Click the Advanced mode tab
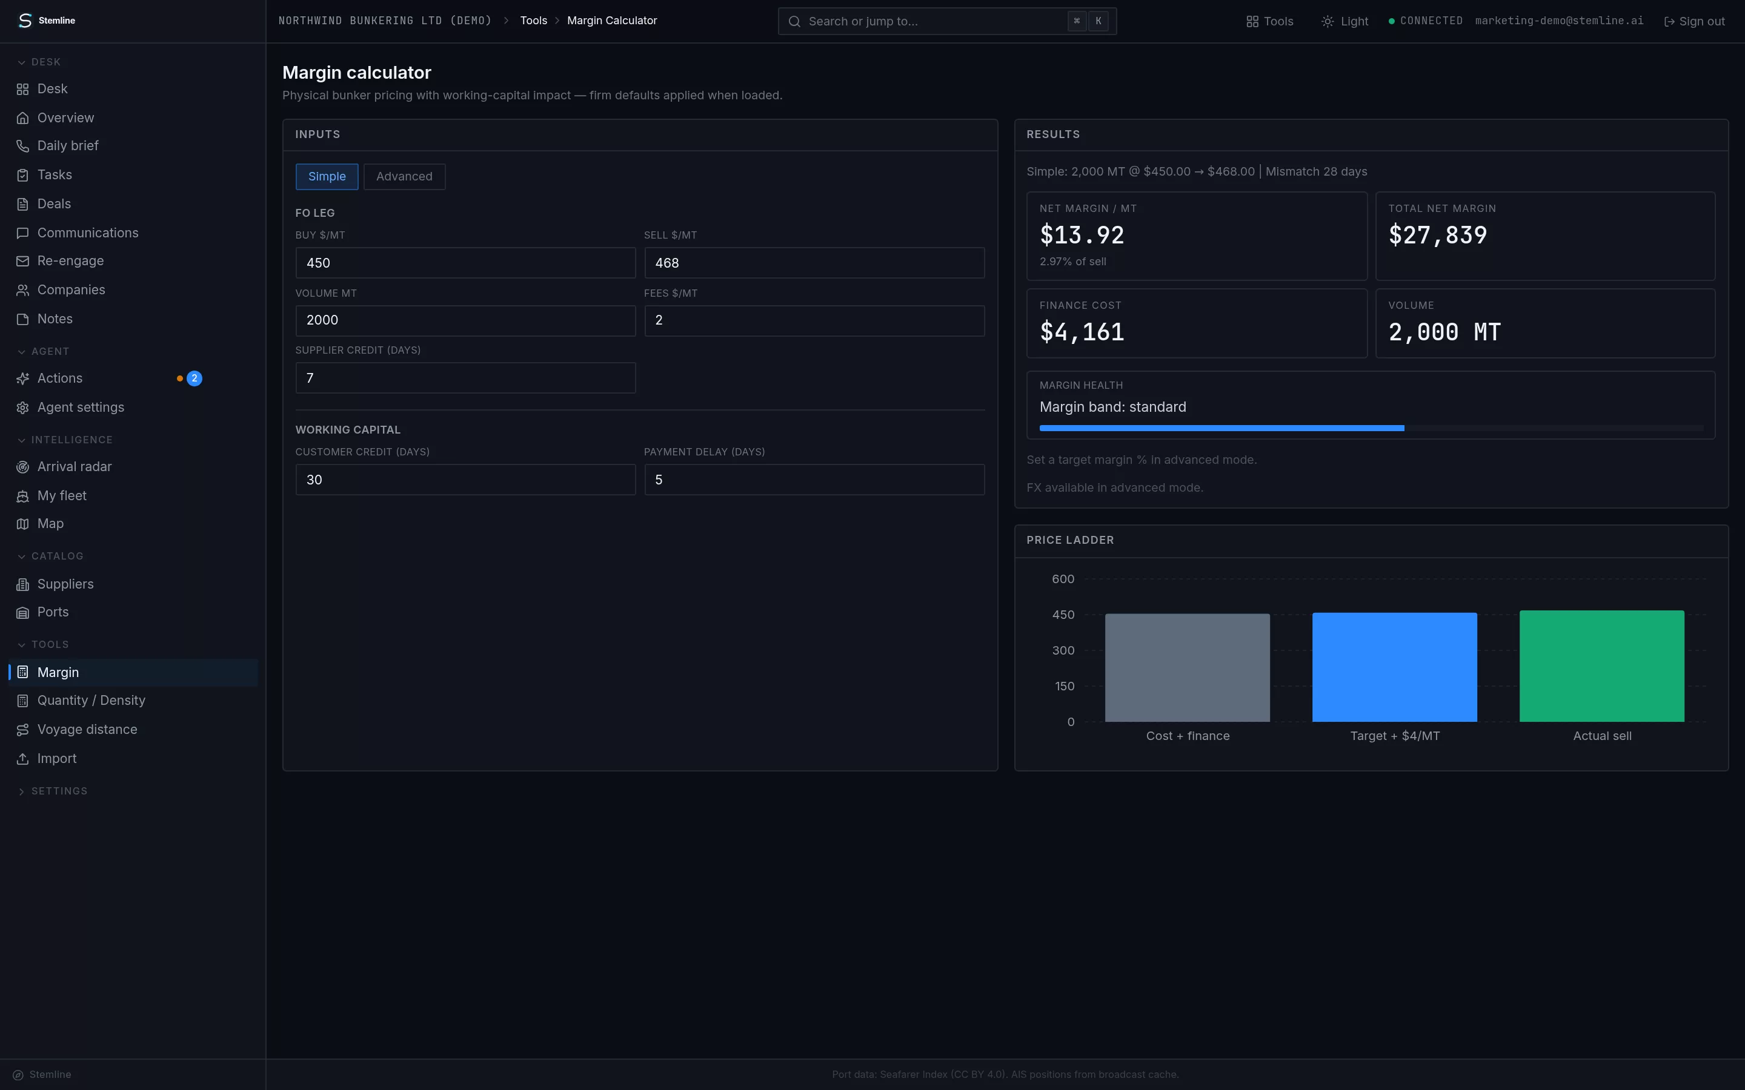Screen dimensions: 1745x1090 (x=404, y=177)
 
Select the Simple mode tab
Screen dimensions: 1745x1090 (x=327, y=177)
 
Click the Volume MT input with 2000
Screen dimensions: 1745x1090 (x=465, y=320)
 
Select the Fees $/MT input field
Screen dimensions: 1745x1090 (x=814, y=320)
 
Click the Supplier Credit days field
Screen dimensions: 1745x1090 (x=465, y=378)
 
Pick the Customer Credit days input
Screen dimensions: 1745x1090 (x=465, y=480)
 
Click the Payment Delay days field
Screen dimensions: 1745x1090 (x=814, y=480)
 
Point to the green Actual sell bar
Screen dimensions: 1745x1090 (x=1601, y=666)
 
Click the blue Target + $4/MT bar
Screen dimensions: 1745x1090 (x=1395, y=667)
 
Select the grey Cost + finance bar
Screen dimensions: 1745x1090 (x=1188, y=667)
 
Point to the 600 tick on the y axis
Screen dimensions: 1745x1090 (x=1063, y=579)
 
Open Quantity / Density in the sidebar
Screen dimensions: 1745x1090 (x=91, y=701)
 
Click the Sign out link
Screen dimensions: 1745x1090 (x=1694, y=22)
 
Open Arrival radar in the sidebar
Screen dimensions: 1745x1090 (x=75, y=467)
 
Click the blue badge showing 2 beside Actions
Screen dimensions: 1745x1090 (x=194, y=378)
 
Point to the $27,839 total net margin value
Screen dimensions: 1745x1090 (x=1437, y=235)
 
